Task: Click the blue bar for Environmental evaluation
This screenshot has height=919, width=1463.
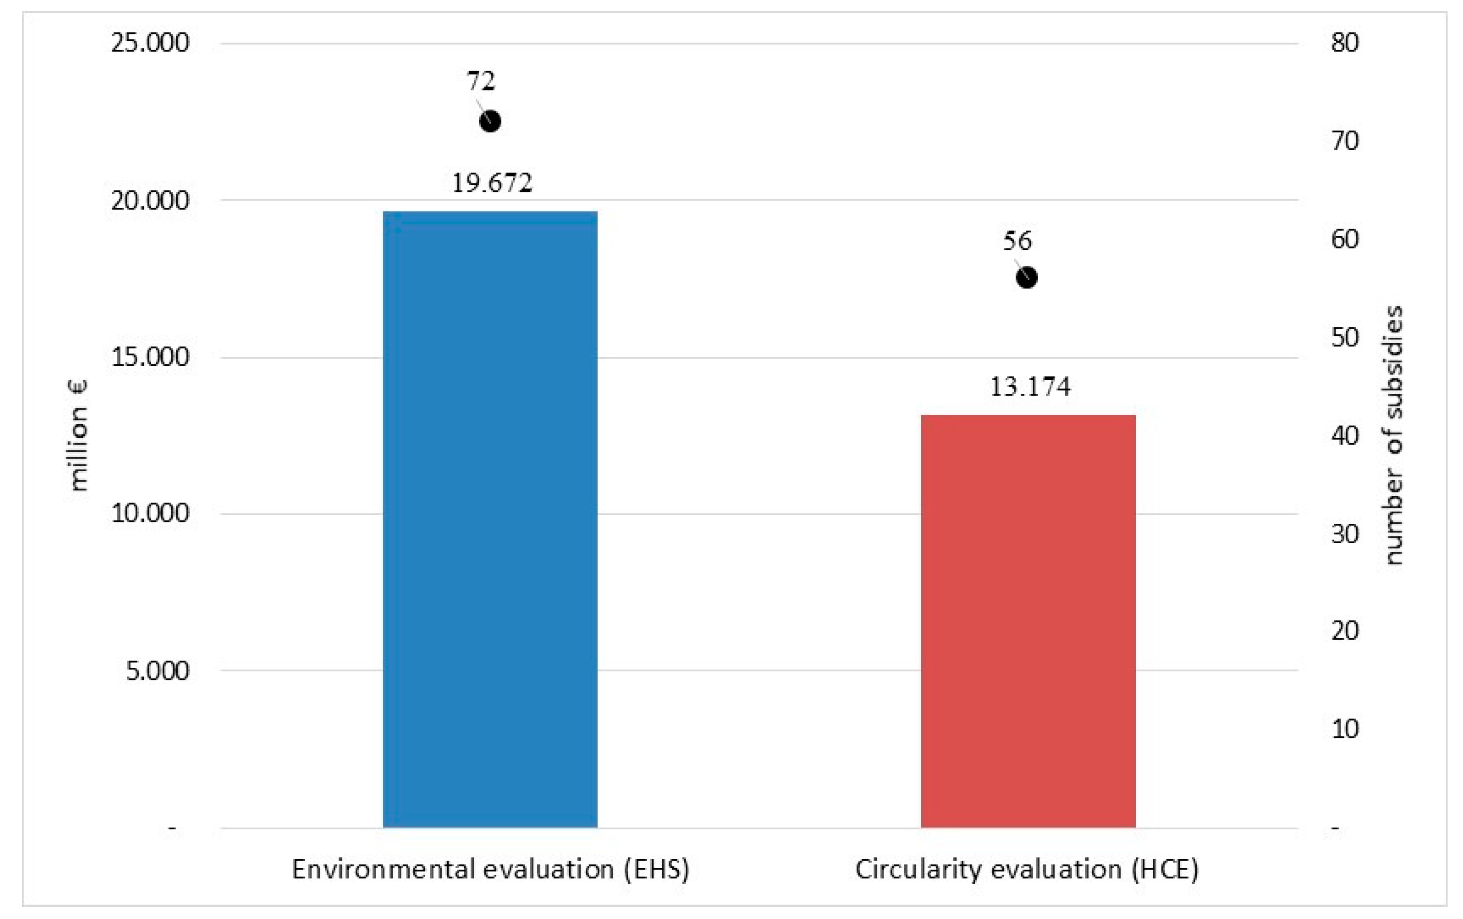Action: coord(490,519)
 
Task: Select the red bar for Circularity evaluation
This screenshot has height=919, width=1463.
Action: coord(1028,621)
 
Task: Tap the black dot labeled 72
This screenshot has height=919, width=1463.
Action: coord(490,121)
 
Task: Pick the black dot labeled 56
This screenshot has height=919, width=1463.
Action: coord(1027,278)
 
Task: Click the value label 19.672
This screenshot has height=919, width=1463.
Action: coord(491,183)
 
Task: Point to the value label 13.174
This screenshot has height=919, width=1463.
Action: coord(1030,386)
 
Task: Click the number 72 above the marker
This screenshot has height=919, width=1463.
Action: coord(481,81)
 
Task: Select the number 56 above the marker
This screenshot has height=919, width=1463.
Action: coord(1017,240)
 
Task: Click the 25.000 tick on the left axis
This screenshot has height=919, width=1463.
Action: coord(149,43)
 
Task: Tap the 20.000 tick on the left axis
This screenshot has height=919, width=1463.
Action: coord(149,200)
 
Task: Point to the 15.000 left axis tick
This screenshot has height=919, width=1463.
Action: coord(149,357)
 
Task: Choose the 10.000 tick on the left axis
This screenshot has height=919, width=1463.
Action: coord(149,513)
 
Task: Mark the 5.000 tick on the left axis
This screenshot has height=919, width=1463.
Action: coord(157,670)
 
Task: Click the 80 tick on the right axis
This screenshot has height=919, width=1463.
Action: coord(1344,43)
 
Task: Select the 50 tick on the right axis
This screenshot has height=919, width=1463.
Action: coord(1344,338)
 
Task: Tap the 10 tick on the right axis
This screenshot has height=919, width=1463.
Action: coord(1344,729)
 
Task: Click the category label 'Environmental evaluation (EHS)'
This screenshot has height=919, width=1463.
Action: coord(490,870)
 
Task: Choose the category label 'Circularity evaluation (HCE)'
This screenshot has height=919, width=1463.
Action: coord(1027,870)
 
